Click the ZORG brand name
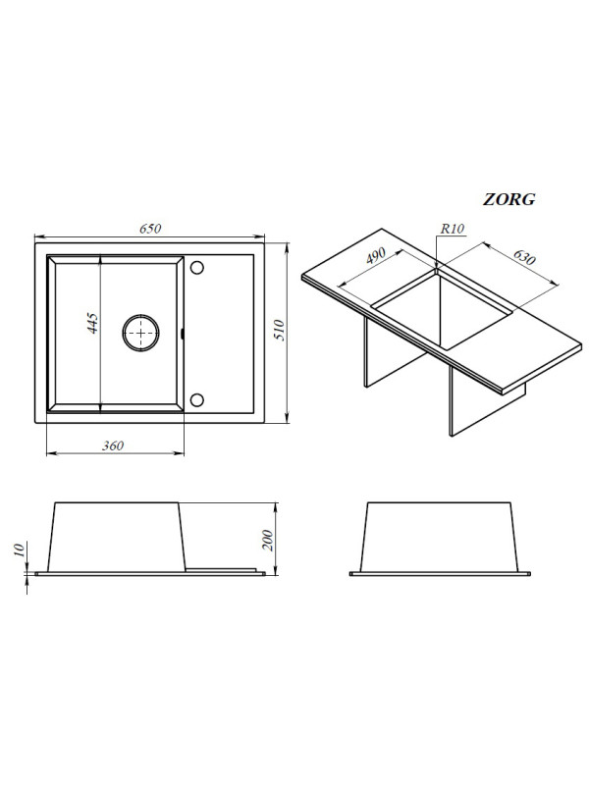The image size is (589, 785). pyautogui.click(x=509, y=199)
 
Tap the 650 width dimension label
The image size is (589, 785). pyautogui.click(x=150, y=229)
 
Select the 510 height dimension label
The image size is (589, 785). pyautogui.click(x=279, y=331)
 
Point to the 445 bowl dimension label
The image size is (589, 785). pyautogui.click(x=92, y=323)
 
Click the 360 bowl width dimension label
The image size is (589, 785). pyautogui.click(x=113, y=445)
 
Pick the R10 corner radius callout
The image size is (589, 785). pyautogui.click(x=453, y=229)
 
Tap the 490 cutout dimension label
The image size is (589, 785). pyautogui.click(x=376, y=255)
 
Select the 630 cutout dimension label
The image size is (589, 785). pyautogui.click(x=524, y=256)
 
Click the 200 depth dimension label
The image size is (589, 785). pyautogui.click(x=268, y=540)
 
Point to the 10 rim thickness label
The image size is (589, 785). pyautogui.click(x=19, y=549)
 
